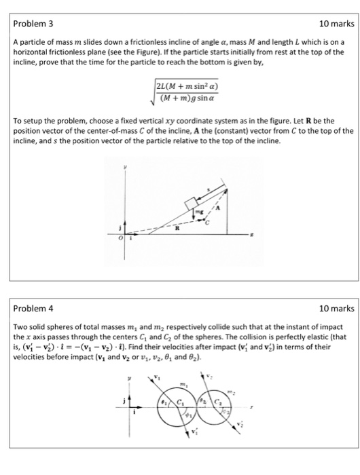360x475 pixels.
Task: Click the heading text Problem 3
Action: pos(32,24)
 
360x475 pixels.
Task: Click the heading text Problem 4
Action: pos(32,309)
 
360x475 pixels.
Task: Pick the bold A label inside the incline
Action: pos(219,208)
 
